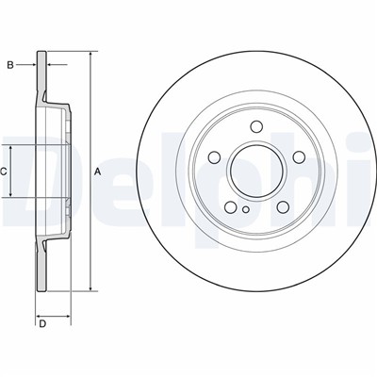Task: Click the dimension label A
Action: [x=98, y=172]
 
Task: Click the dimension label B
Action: [x=10, y=65]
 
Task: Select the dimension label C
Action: [x=3, y=172]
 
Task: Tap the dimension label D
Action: [x=42, y=324]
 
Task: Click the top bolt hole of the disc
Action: [x=256, y=126]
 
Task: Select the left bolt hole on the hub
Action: [x=214, y=157]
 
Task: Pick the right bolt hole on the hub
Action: [x=299, y=157]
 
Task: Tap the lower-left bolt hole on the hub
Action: [x=231, y=206]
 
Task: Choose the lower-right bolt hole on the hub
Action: [x=283, y=206]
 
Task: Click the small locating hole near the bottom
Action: [x=246, y=209]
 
